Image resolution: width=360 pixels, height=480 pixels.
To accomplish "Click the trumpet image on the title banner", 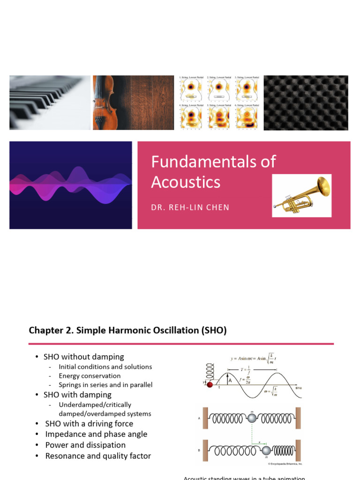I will [302, 195].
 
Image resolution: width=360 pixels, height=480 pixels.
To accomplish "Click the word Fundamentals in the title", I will [213, 162].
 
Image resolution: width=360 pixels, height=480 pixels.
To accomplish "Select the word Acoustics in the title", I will [186, 182].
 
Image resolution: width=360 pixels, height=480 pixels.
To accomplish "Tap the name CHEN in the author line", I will [217, 207].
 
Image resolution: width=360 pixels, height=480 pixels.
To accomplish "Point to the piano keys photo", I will [50, 102].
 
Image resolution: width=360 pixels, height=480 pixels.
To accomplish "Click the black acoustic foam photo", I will [306, 102].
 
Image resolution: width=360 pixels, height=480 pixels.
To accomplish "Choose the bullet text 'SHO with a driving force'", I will [89, 424].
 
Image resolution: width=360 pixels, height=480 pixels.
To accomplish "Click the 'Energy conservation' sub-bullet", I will [90, 376].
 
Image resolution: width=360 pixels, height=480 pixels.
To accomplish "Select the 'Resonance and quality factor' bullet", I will [98, 456].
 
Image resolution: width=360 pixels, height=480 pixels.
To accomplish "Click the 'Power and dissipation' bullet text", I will [85, 445].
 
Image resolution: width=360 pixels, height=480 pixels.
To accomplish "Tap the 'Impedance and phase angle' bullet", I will [96, 434].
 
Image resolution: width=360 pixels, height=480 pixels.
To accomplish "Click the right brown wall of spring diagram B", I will [298, 450].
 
